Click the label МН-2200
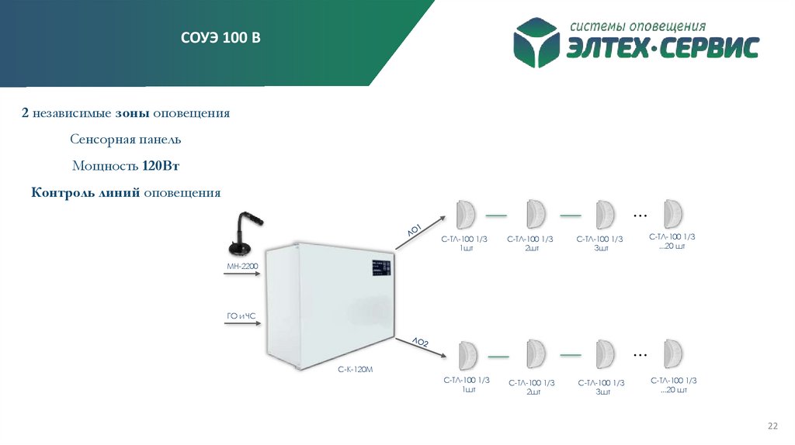(241, 266)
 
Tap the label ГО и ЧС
(241, 316)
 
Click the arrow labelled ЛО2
(419, 347)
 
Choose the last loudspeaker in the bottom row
(674, 355)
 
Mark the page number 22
(772, 426)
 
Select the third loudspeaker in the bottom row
(604, 355)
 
